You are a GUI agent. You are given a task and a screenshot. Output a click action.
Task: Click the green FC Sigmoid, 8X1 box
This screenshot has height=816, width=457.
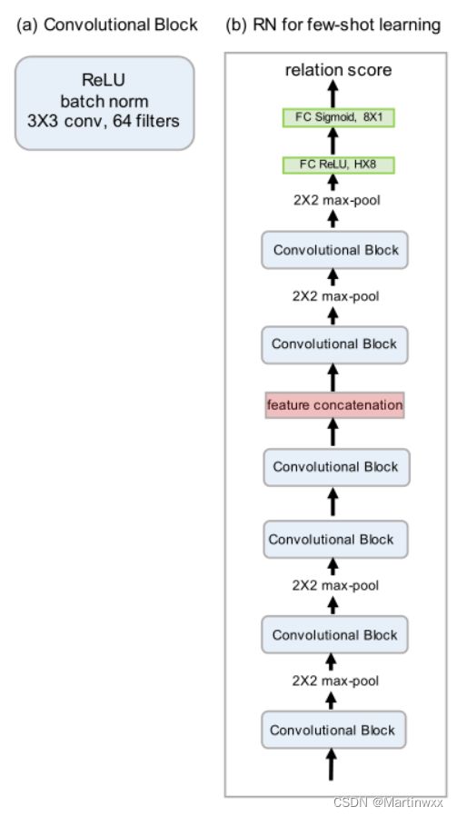[x=338, y=117]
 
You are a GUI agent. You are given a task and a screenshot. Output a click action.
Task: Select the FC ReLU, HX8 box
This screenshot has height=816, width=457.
[x=338, y=165]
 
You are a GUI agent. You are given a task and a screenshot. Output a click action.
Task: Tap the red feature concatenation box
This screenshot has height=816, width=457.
[x=334, y=405]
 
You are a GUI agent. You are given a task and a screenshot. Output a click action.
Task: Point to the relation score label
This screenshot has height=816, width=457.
[x=338, y=70]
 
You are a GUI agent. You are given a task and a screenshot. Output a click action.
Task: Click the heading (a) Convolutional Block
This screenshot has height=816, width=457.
[x=107, y=25]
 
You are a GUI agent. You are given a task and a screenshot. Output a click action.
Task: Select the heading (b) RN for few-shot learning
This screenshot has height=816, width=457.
[x=333, y=25]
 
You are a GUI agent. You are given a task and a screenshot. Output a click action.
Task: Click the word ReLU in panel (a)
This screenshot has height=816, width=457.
[x=104, y=81]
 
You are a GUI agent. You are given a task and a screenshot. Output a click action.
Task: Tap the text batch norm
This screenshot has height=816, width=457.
[x=104, y=101]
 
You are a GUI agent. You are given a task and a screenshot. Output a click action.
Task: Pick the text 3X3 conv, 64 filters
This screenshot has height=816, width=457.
[x=104, y=121]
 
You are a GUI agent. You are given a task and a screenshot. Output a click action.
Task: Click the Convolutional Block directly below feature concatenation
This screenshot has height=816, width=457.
[x=336, y=467]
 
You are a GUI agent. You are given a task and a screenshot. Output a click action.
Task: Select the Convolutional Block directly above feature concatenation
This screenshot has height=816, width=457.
[x=334, y=344]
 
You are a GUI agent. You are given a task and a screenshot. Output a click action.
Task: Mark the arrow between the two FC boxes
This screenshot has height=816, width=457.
[x=333, y=142]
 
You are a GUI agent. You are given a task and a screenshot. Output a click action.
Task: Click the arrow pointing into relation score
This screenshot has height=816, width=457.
[x=333, y=95]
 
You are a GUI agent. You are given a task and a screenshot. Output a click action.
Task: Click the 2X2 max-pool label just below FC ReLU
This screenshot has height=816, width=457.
[x=336, y=200]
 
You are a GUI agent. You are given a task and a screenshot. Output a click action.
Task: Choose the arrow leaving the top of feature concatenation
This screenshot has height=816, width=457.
[x=333, y=377]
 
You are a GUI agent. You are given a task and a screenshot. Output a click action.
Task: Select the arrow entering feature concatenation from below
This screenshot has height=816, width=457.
[x=333, y=433]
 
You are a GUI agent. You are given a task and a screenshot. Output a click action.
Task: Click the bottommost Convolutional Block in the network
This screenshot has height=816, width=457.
[x=333, y=731]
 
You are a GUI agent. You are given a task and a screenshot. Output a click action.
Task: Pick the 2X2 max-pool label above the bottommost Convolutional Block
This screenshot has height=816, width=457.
[x=335, y=681]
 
